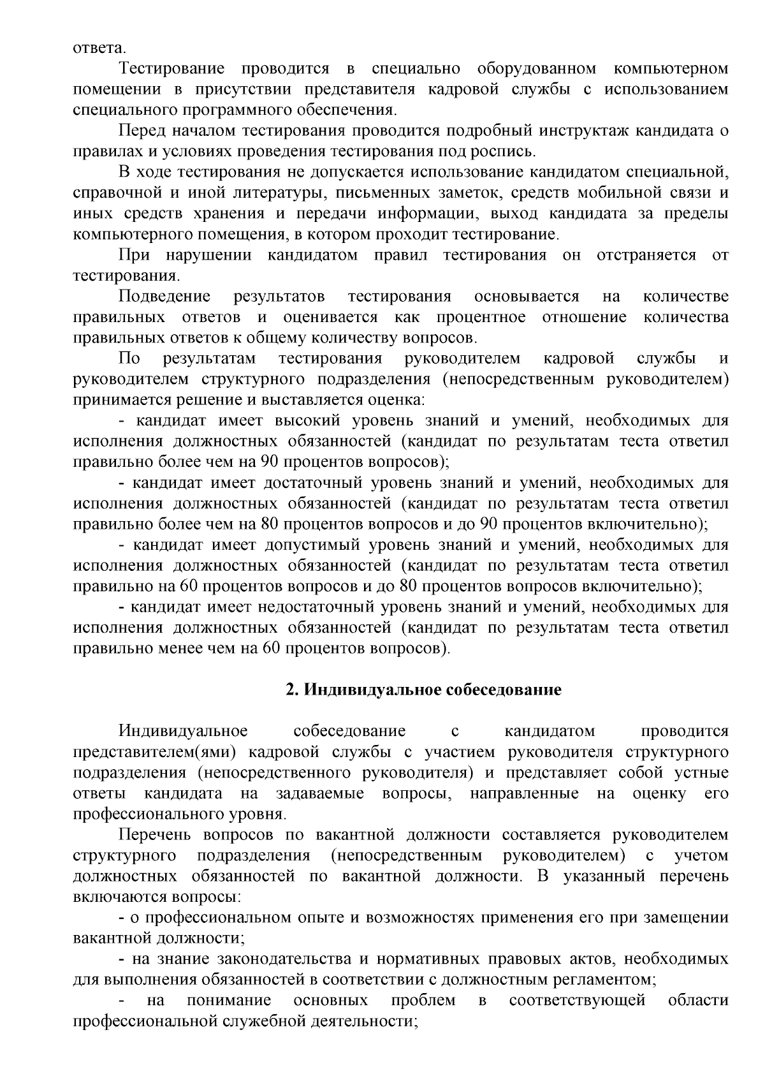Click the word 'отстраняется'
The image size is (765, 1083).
coord(646,255)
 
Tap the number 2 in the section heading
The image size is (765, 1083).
coord(291,690)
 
